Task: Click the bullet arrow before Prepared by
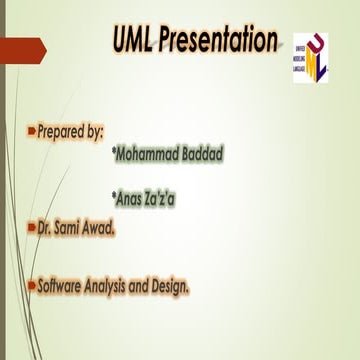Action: pyautogui.click(x=31, y=132)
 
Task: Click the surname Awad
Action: pyautogui.click(x=103, y=228)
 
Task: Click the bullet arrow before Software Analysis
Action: pyautogui.click(x=31, y=285)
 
